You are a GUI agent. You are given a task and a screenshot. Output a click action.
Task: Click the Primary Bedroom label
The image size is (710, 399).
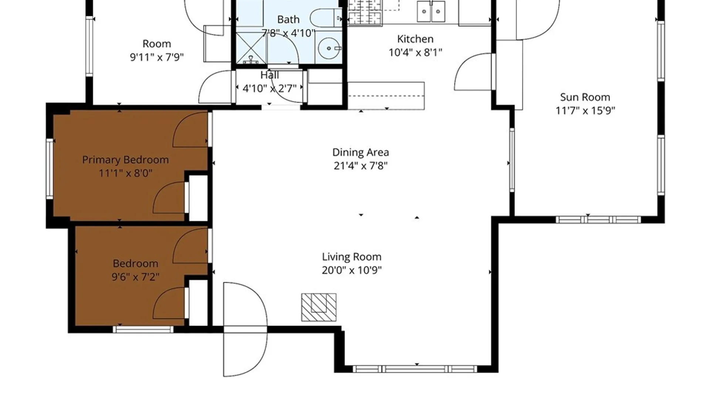click(x=125, y=160)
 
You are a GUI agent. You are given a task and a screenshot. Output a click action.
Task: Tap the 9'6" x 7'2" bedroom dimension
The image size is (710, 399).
click(x=135, y=277)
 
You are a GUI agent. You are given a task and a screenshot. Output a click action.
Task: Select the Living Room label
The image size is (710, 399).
click(x=352, y=257)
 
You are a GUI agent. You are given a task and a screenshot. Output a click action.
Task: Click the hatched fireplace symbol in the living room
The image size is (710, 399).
click(x=319, y=307)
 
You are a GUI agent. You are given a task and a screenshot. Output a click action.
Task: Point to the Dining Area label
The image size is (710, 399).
click(x=361, y=152)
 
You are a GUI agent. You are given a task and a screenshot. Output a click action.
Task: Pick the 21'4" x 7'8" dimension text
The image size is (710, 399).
click(x=361, y=166)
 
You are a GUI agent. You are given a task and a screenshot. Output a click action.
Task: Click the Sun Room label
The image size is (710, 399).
click(x=585, y=97)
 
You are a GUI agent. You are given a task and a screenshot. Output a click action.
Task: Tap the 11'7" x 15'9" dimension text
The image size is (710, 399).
click(x=585, y=110)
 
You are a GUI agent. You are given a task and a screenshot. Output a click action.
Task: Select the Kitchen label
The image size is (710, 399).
click(x=415, y=39)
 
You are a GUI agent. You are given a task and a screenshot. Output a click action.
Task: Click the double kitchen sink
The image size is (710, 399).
click(x=431, y=11)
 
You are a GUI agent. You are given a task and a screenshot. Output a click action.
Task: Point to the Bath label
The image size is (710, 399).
click(x=288, y=19)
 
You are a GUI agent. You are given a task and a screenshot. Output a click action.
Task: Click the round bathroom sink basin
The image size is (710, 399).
click(x=329, y=48)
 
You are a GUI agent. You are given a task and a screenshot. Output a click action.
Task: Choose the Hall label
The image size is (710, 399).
click(x=270, y=75)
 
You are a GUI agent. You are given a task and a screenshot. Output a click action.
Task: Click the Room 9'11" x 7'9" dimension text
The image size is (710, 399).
click(x=157, y=57)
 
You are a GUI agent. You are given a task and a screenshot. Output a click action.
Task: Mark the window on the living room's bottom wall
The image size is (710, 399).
click(x=415, y=369)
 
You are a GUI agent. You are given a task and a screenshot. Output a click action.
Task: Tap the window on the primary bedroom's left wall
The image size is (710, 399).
click(x=50, y=169)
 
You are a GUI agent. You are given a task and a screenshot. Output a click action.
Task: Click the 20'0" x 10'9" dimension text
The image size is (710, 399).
click(x=352, y=270)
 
